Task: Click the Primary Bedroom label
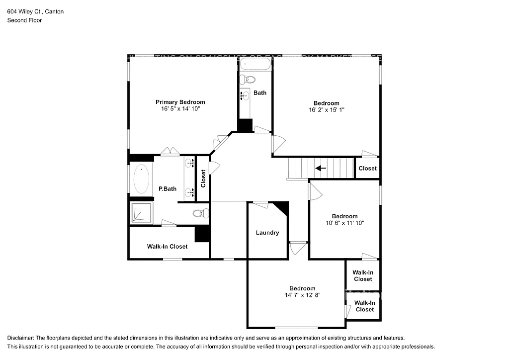click(x=180, y=102)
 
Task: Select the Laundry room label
click(x=267, y=233)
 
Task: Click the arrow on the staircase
click(x=321, y=168)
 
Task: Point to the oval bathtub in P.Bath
click(x=142, y=180)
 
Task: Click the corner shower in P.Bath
click(x=141, y=213)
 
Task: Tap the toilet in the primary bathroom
click(x=200, y=214)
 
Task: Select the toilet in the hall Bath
click(x=249, y=80)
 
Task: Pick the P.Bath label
click(x=168, y=189)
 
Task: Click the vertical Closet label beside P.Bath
click(x=203, y=179)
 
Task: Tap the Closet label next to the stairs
click(x=367, y=169)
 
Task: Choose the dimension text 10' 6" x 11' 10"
click(x=344, y=223)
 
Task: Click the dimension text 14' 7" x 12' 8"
click(x=302, y=295)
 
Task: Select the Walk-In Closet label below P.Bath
click(x=167, y=247)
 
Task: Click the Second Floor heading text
click(x=24, y=20)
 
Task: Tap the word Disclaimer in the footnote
click(x=22, y=338)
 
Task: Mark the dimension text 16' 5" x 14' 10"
click(x=180, y=108)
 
